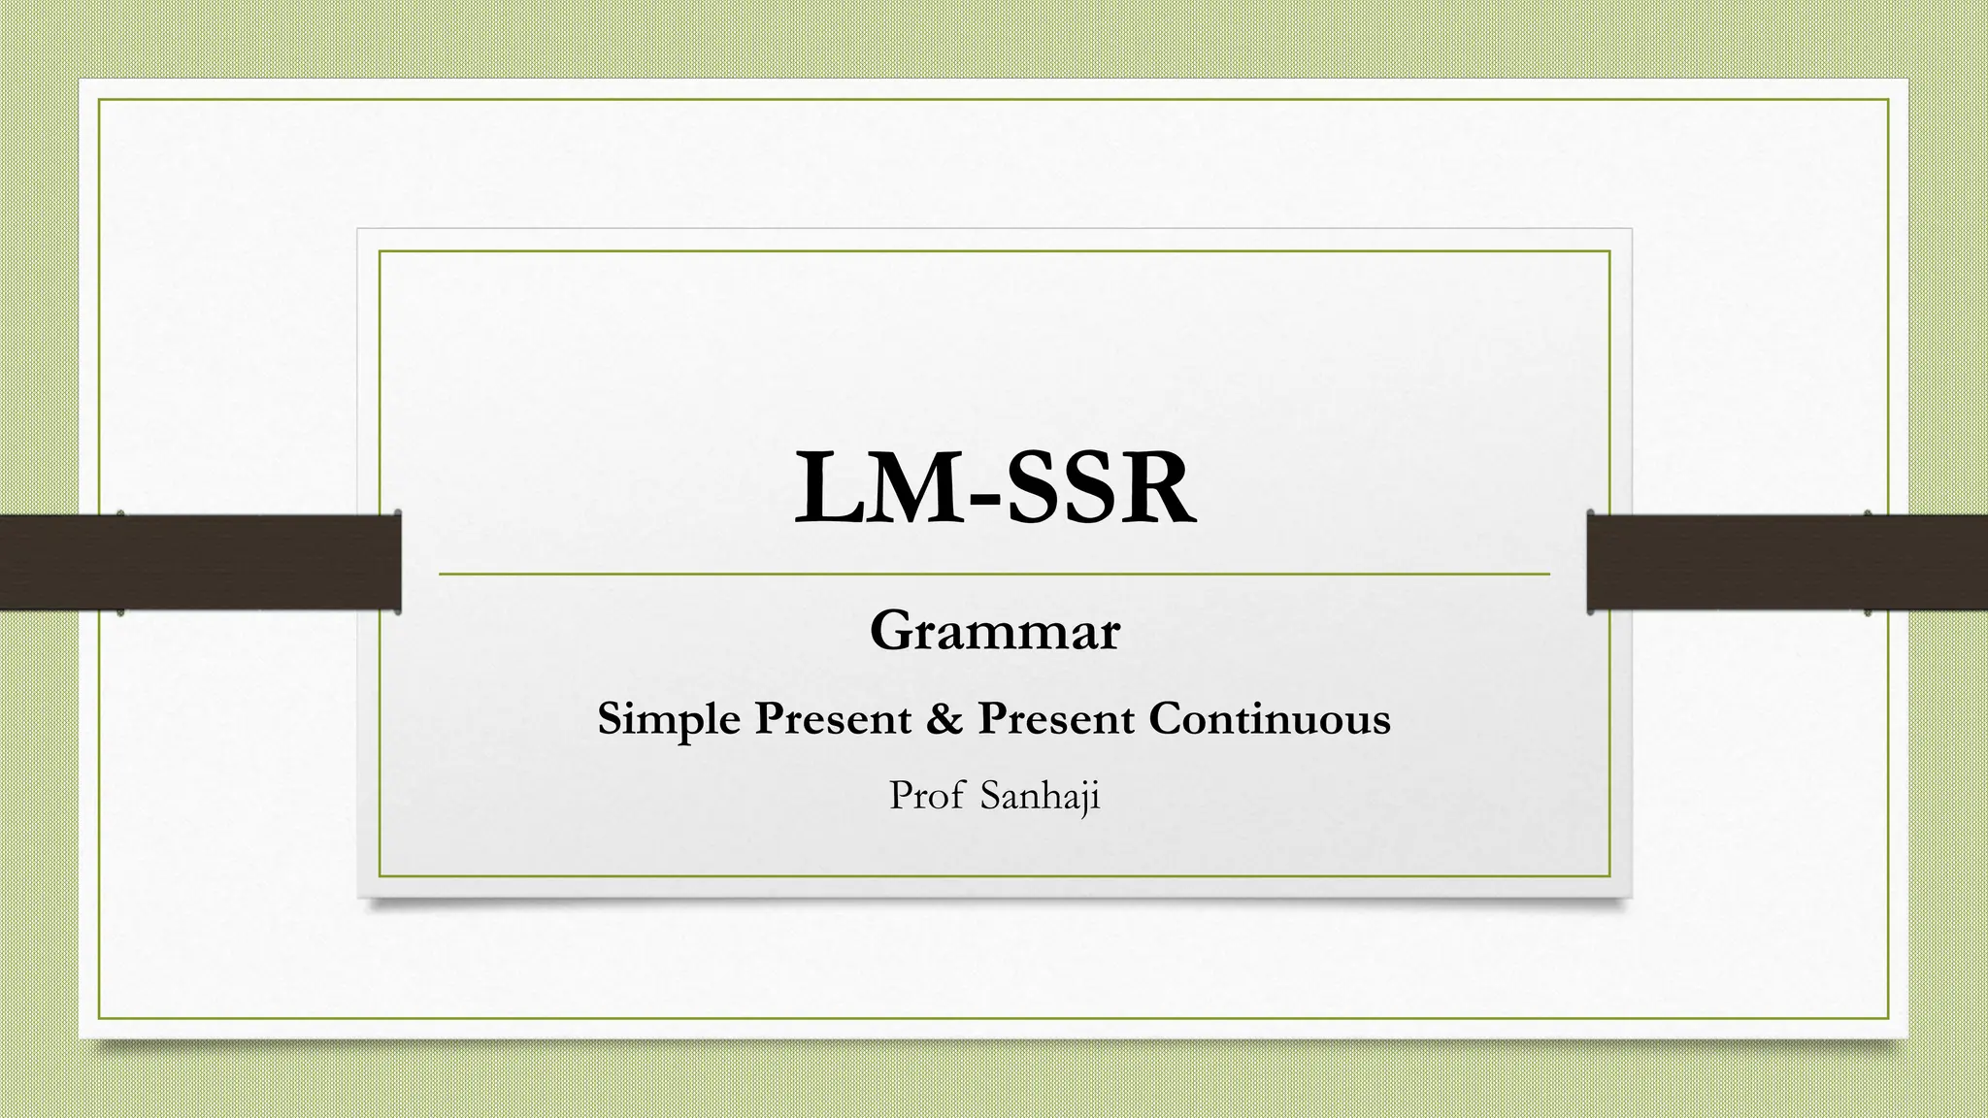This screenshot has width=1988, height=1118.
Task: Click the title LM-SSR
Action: tap(995, 489)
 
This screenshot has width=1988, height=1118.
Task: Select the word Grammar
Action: tap(995, 632)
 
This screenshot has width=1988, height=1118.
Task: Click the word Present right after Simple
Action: tap(834, 719)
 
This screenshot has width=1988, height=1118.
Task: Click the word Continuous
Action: tap(1270, 719)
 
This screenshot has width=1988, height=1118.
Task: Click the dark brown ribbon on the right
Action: tap(1786, 562)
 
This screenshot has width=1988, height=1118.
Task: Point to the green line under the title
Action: tap(994, 575)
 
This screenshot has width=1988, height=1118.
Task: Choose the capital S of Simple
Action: tap(609, 719)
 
